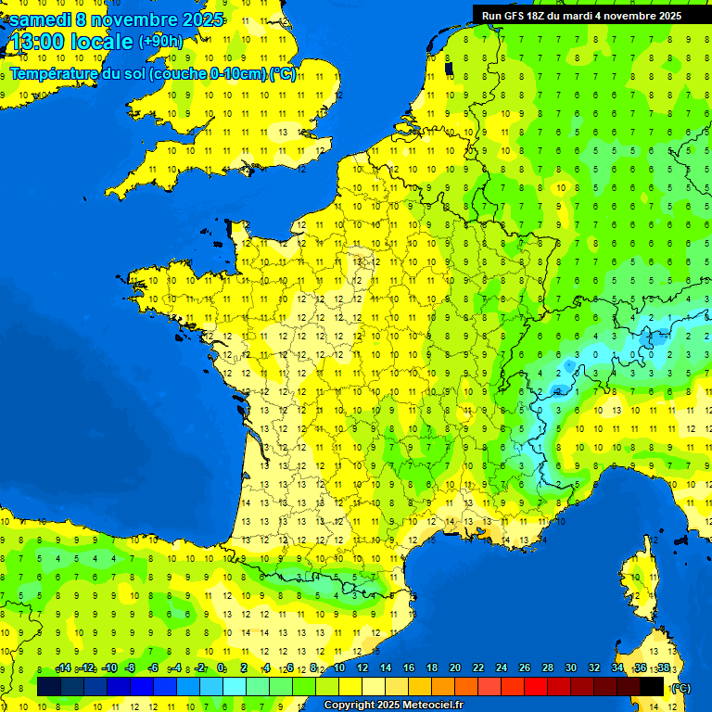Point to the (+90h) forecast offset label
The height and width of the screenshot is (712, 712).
pos(160,42)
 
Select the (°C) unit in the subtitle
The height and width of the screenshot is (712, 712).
pos(283,73)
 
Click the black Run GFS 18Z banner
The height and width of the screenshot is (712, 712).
pos(581,15)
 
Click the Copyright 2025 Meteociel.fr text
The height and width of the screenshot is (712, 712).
pos(393,705)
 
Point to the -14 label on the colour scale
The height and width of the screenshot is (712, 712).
pos(62,668)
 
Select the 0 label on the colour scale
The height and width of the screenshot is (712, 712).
pos(221,668)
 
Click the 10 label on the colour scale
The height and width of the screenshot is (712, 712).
pos(339,668)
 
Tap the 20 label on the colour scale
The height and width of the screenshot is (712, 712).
pos(455,668)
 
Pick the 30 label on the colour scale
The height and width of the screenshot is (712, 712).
pos(571,668)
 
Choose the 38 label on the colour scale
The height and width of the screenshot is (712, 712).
pos(663,668)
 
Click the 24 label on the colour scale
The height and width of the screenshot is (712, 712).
pos(502,668)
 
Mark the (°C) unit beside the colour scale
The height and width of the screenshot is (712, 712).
pos(681,687)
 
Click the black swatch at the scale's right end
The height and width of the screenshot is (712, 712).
pos(652,686)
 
